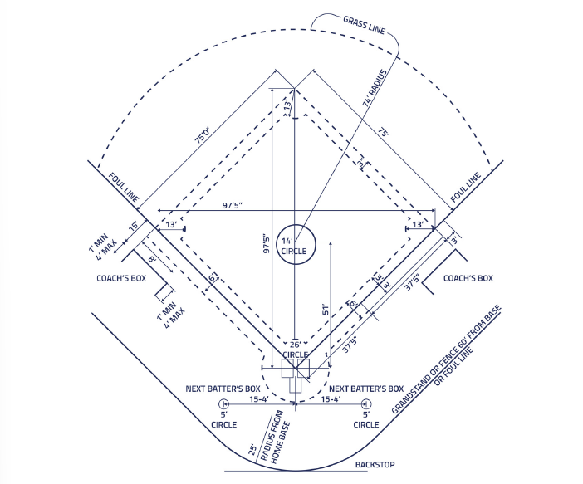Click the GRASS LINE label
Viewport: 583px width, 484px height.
coord(364,25)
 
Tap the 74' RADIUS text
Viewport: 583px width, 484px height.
coord(375,89)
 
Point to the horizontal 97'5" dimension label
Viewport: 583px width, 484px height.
coord(233,205)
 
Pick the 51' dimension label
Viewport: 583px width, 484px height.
coord(326,310)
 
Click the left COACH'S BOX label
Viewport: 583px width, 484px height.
coord(121,278)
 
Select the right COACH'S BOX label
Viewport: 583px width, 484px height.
coord(468,278)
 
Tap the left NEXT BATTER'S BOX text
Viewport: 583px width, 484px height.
coord(223,389)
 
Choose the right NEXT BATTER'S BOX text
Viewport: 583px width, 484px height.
coord(366,389)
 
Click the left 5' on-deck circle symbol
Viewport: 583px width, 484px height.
coord(223,404)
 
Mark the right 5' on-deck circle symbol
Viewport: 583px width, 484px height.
coord(366,404)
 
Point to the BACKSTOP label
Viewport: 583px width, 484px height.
coord(375,465)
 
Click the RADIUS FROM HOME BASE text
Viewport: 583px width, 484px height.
coord(275,438)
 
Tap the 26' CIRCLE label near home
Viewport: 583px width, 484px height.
coord(295,350)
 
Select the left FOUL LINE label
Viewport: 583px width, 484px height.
coord(124,188)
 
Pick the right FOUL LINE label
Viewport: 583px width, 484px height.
coord(466,188)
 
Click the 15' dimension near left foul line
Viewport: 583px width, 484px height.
coord(133,226)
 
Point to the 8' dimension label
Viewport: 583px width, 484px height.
coord(152,258)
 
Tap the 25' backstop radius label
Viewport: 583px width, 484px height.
coord(252,449)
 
